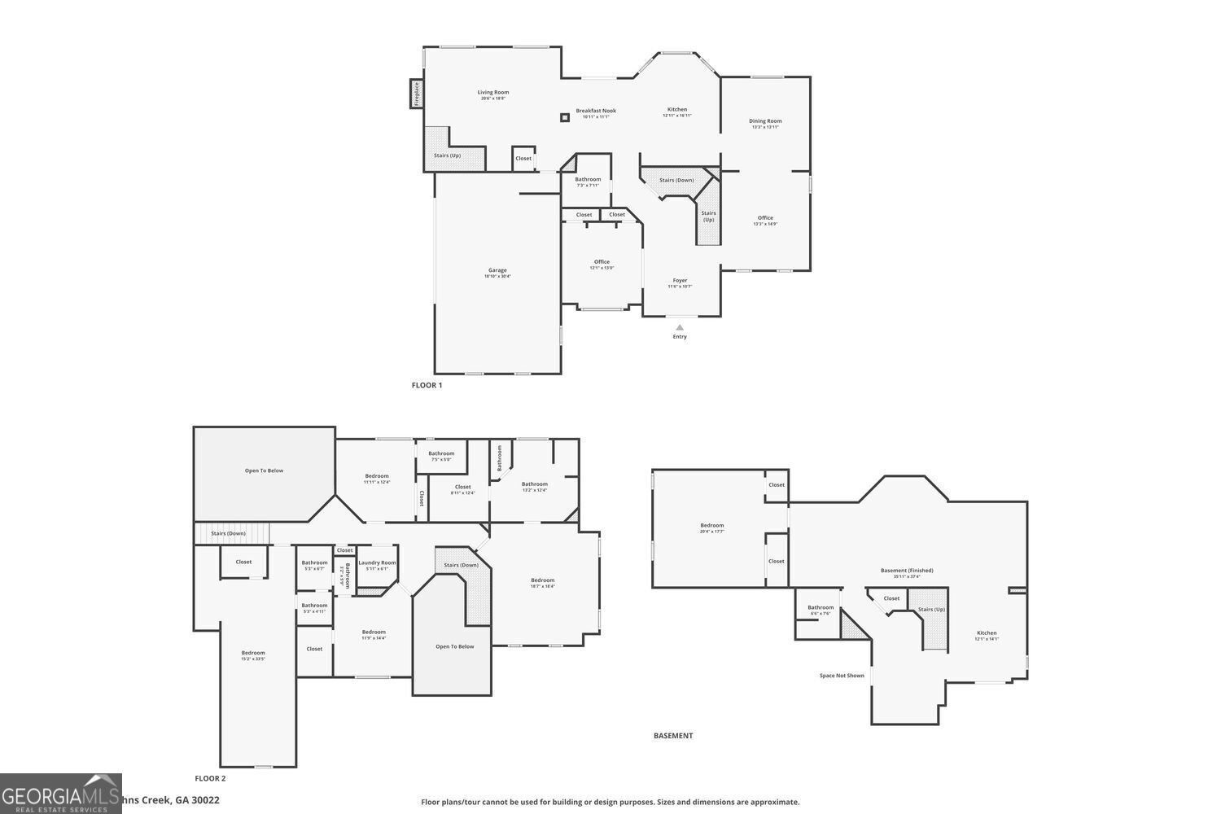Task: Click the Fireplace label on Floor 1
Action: tap(416, 94)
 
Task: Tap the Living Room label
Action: tap(492, 93)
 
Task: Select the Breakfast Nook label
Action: tap(596, 112)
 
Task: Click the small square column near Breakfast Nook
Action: tap(565, 117)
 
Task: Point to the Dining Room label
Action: tap(765, 121)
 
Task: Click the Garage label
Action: tap(497, 271)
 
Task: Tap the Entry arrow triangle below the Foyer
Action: tap(680, 327)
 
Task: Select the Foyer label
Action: tap(680, 281)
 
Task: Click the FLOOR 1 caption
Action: tap(427, 385)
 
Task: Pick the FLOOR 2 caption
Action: tap(210, 778)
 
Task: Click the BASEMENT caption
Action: tap(673, 735)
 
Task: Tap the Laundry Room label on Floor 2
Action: tap(377, 563)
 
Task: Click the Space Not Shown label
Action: tap(842, 676)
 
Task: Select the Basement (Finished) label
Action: tap(907, 571)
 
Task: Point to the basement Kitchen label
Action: tap(987, 633)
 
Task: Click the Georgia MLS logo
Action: tap(61, 794)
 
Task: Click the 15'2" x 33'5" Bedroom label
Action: tap(253, 654)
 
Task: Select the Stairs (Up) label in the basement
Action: tap(931, 609)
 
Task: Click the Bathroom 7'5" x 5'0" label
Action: tap(441, 454)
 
